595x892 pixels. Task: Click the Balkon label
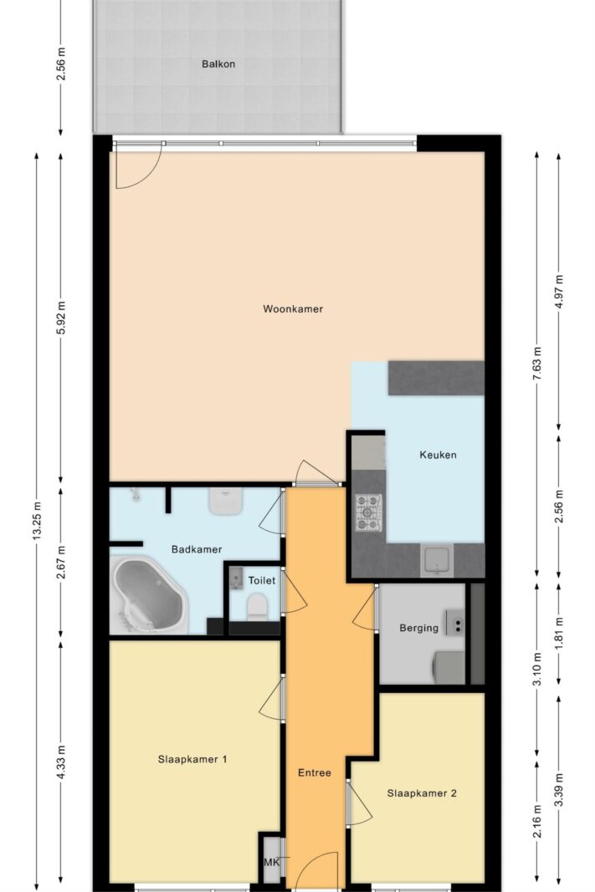click(218, 64)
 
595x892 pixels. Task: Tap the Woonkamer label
click(293, 309)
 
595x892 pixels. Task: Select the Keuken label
click(438, 455)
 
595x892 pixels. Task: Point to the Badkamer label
click(197, 549)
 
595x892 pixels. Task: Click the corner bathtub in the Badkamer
click(149, 595)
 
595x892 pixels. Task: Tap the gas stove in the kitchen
click(368, 512)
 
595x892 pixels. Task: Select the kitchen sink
click(437, 560)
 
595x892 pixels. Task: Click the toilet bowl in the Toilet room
click(257, 606)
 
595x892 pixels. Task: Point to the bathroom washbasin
click(227, 502)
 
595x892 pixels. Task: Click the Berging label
click(418, 628)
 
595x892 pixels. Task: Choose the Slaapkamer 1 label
click(192, 759)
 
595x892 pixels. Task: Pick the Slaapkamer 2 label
click(421, 793)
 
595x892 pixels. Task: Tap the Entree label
click(315, 773)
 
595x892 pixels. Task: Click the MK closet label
click(272, 863)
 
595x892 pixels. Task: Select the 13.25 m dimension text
click(37, 521)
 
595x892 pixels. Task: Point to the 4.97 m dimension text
click(560, 292)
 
